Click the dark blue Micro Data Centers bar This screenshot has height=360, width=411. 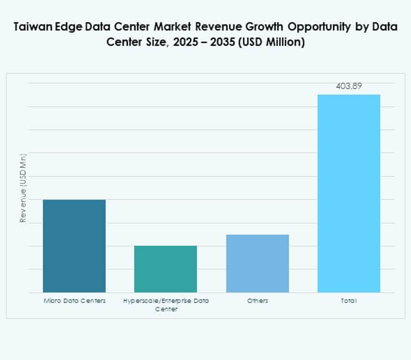click(x=74, y=246)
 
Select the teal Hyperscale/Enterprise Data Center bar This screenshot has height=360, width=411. click(x=166, y=269)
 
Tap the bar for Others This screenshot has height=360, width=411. click(x=257, y=263)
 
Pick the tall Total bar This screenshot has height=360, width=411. click(x=349, y=193)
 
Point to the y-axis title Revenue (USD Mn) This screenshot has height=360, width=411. click(x=23, y=188)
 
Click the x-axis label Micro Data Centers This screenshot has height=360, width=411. click(x=74, y=301)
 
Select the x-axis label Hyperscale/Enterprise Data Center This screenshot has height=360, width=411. click(x=166, y=305)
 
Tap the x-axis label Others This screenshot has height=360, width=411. click(x=257, y=301)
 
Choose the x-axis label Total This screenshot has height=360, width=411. click(x=349, y=301)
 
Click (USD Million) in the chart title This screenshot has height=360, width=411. click(x=273, y=43)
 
